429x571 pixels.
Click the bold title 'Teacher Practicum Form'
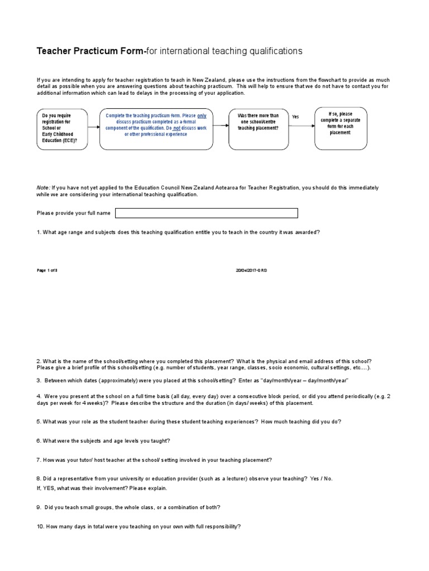(90, 51)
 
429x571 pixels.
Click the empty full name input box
(206, 213)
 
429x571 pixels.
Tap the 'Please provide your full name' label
(73, 213)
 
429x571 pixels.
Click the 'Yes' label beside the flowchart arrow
(295, 117)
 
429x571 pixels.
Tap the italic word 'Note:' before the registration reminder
(44, 188)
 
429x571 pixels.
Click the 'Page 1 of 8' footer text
(47, 270)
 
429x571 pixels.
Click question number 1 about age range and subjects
(178, 232)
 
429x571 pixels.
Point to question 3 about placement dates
(192, 380)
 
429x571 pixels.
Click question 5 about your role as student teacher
(188, 422)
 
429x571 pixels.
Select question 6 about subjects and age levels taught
(103, 441)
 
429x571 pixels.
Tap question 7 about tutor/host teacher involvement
(154, 460)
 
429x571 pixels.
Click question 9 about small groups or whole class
(128, 507)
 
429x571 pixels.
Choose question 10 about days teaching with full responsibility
(139, 526)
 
